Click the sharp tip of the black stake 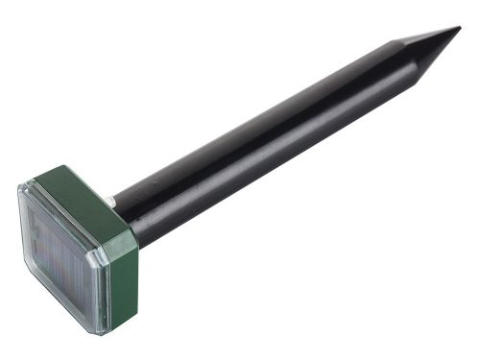click(458, 29)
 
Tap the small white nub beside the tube click(112, 203)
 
